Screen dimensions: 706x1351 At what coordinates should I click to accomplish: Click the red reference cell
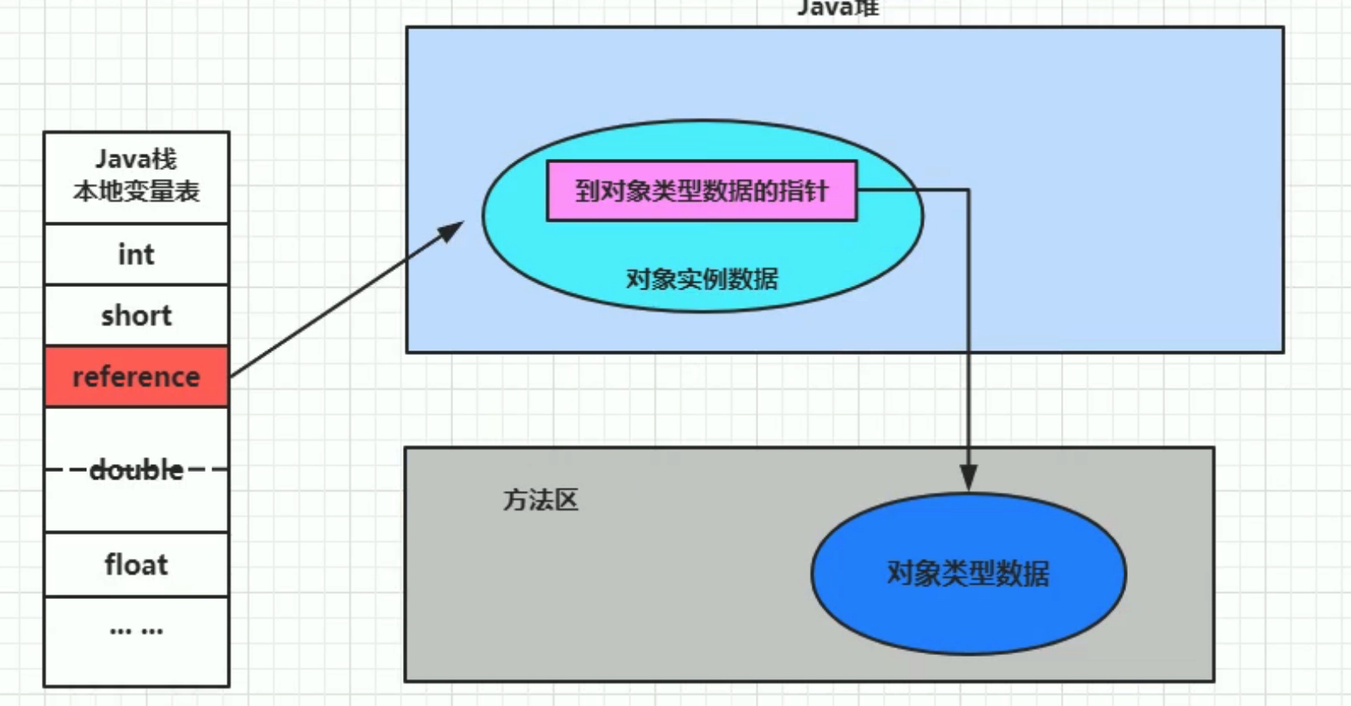coord(136,376)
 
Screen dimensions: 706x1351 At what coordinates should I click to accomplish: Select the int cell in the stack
coord(136,254)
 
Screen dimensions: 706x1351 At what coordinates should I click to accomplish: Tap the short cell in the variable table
coord(136,315)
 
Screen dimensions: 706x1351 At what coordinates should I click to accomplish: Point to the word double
coord(136,470)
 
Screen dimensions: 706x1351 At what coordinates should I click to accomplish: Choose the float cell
coord(136,565)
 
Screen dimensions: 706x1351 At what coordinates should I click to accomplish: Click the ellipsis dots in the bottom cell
coord(136,631)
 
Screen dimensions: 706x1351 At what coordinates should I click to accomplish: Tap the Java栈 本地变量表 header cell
coord(136,176)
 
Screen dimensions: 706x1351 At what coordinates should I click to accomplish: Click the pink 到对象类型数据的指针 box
coord(701,191)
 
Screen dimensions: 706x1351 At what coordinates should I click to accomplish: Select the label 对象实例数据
coord(701,279)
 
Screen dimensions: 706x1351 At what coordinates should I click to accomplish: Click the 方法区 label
coord(540,500)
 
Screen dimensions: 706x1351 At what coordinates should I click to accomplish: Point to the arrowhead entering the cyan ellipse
coord(452,230)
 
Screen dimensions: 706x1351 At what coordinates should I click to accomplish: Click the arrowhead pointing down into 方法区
coord(968,478)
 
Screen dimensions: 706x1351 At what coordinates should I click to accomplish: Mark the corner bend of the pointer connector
coord(968,191)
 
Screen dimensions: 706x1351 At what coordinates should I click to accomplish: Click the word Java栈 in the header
coord(136,159)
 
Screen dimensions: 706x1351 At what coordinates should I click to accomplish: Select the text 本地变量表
coord(136,192)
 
